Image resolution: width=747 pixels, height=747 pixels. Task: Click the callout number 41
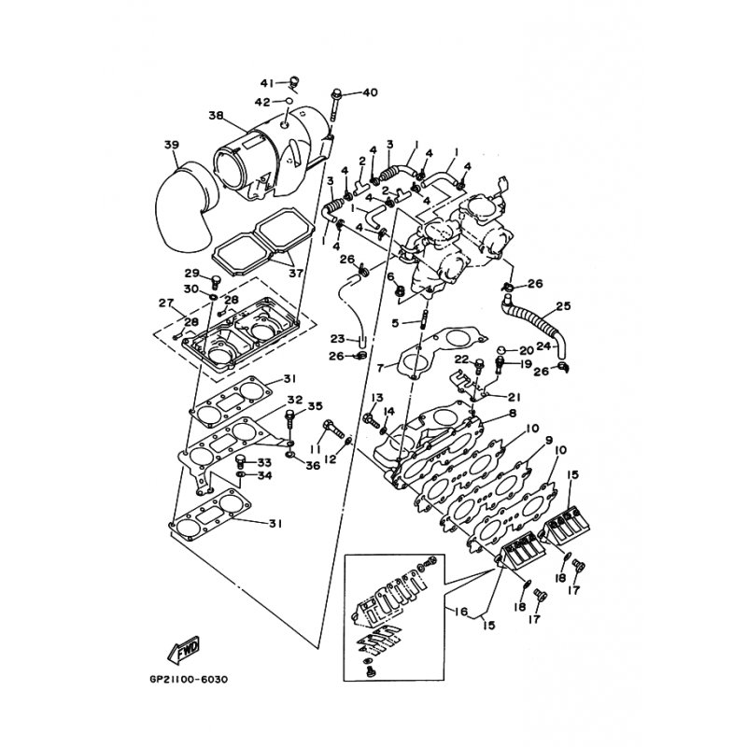(265, 83)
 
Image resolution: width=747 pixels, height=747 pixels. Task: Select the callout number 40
(370, 92)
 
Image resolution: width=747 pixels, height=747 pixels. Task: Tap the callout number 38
(216, 117)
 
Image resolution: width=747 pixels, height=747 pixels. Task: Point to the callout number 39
(171, 145)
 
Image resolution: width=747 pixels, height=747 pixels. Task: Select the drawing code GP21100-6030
(188, 679)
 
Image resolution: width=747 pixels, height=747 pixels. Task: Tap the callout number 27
(166, 303)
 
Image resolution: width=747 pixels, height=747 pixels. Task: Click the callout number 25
(563, 305)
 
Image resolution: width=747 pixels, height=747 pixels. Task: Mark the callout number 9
(549, 440)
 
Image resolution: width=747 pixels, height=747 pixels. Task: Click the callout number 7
(381, 367)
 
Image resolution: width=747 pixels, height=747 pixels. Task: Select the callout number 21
(514, 397)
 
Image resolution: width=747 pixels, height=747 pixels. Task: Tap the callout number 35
(316, 406)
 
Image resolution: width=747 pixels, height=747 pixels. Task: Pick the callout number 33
(264, 462)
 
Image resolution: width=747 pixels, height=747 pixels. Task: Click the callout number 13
(352, 398)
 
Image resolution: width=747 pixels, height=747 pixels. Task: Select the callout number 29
(191, 273)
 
